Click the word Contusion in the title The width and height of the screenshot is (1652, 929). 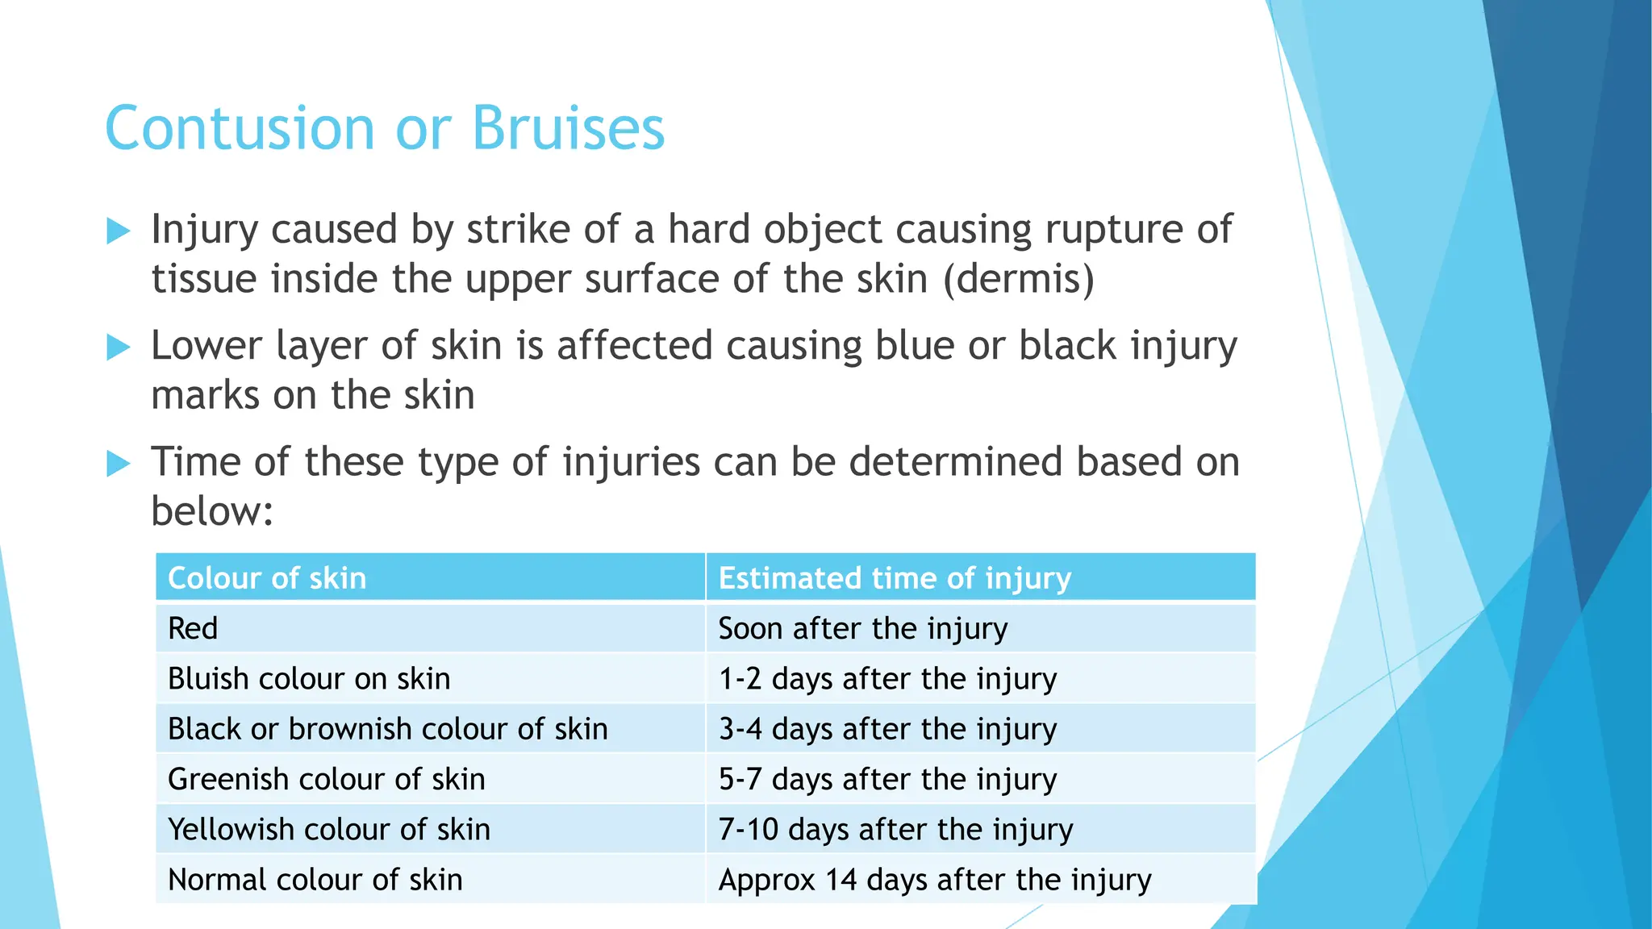click(240, 129)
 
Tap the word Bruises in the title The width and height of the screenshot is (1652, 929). click(568, 129)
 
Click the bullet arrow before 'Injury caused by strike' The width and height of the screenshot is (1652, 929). click(119, 231)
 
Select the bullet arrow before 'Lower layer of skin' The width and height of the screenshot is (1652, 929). click(119, 348)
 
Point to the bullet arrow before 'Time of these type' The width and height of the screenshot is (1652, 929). click(119, 464)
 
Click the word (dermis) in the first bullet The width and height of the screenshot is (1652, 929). click(1019, 280)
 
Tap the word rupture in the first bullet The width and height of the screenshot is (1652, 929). click(1113, 230)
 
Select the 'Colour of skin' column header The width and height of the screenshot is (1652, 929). click(267, 578)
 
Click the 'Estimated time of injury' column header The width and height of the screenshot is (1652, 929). click(895, 578)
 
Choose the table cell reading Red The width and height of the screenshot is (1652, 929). click(193, 628)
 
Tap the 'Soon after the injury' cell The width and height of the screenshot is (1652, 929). click(863, 628)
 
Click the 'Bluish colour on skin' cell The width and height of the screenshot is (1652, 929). click(309, 679)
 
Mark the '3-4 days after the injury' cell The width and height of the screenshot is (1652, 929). click(887, 729)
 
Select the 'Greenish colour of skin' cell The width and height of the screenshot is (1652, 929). click(327, 779)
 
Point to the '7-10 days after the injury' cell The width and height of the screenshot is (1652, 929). click(895, 829)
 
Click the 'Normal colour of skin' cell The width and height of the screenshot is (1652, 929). click(315, 880)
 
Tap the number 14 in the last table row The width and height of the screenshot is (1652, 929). click(841, 880)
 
